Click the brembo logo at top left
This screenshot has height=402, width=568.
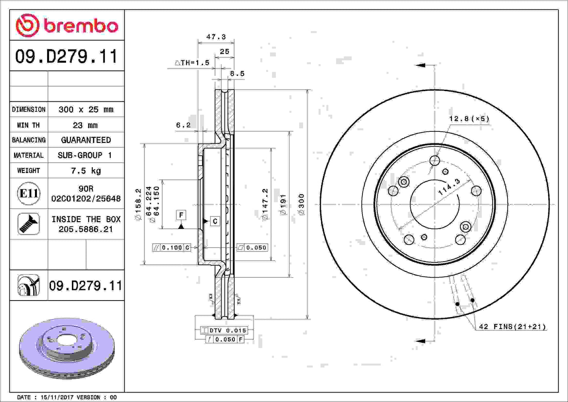[67, 26]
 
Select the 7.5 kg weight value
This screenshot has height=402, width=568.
[86, 171]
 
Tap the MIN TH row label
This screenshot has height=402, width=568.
[28, 125]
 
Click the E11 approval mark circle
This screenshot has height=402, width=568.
[29, 194]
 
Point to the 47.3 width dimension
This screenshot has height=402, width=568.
[216, 37]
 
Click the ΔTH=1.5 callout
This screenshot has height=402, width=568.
[192, 63]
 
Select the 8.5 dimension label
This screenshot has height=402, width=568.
[237, 74]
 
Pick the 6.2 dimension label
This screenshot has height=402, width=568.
[183, 125]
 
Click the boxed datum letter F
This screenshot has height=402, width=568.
[181, 215]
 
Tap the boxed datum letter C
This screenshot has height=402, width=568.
[215, 221]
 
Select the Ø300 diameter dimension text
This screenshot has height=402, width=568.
[301, 204]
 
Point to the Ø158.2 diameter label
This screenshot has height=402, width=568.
[138, 204]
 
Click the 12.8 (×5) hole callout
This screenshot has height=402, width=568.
[469, 118]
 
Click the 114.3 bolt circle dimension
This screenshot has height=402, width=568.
[449, 187]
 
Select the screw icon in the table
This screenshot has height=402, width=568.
[29, 224]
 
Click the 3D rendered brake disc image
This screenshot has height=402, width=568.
[67, 347]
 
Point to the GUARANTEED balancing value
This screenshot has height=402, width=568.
[86, 140]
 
